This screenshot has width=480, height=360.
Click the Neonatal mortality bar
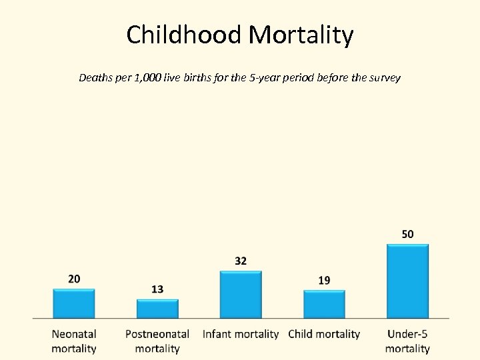[74, 303]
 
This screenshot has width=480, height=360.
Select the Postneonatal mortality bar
[157, 308]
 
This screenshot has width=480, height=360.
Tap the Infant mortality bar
[241, 294]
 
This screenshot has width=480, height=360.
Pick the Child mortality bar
[324, 304]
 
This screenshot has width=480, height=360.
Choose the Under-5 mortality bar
[407, 281]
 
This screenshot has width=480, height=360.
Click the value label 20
[74, 279]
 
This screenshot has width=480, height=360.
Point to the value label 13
[157, 289]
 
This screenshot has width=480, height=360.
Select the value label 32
[241, 261]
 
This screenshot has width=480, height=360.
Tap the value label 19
[324, 280]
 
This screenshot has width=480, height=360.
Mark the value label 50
[407, 234]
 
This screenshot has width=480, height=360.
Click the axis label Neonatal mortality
[74, 341]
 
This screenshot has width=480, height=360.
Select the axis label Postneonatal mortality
[157, 341]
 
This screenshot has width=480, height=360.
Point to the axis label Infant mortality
[241, 334]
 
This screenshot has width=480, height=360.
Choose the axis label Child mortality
[324, 334]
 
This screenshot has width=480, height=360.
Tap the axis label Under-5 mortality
[407, 341]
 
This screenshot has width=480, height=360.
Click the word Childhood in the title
[185, 35]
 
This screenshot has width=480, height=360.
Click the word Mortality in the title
[301, 35]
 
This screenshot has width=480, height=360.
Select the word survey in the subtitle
[383, 78]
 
